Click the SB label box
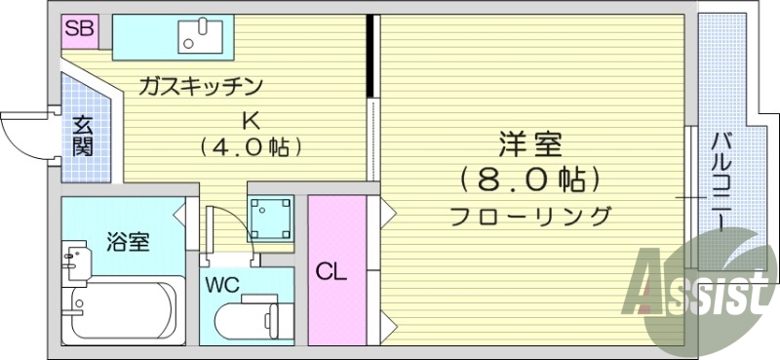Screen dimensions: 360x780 (79, 29)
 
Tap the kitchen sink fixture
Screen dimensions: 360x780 (202, 36)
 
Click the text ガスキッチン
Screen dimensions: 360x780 (202, 87)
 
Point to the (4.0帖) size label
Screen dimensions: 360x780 (250, 148)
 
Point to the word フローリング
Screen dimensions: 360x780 (531, 217)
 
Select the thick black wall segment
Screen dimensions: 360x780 (370, 56)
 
